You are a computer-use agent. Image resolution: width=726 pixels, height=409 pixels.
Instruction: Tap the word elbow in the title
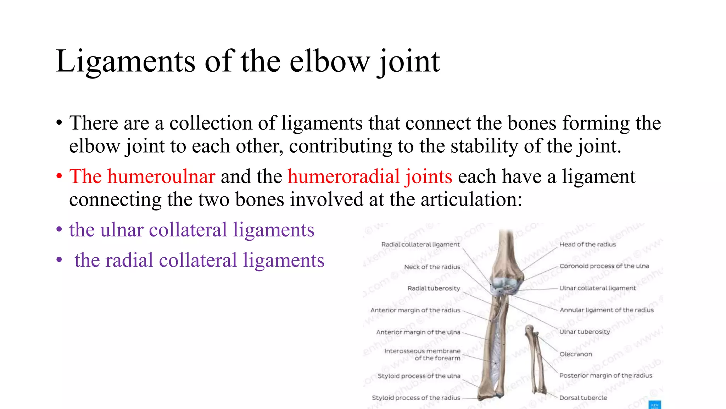click(329, 61)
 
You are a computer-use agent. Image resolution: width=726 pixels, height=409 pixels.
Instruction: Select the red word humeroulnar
click(161, 176)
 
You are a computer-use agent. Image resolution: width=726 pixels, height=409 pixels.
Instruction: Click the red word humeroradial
click(344, 176)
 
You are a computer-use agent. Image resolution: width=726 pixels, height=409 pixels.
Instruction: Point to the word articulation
click(471, 200)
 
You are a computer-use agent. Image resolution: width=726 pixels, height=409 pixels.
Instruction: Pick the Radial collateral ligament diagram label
click(420, 244)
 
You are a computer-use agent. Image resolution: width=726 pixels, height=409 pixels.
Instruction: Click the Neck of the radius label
click(432, 267)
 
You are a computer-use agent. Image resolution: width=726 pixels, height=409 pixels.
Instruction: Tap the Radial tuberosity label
click(434, 288)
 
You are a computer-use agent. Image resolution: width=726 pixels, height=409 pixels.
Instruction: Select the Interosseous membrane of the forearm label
click(422, 354)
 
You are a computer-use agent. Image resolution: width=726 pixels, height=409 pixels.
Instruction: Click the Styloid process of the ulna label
click(419, 376)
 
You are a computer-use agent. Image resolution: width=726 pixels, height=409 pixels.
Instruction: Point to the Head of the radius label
click(587, 244)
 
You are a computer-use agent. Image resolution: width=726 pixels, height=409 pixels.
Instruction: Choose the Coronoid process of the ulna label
click(604, 266)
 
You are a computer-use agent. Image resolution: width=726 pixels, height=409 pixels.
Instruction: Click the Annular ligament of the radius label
click(607, 310)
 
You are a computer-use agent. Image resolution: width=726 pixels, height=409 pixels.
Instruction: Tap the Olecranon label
click(575, 354)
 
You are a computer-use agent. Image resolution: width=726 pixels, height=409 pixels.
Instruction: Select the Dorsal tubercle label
click(583, 398)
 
